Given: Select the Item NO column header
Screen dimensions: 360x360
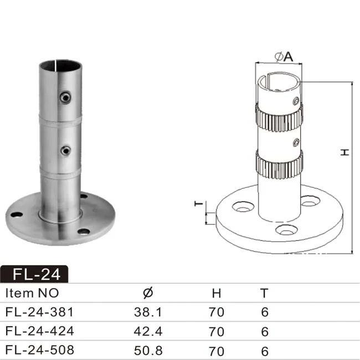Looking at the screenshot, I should click(x=32, y=293).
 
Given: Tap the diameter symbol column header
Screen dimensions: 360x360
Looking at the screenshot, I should click(x=148, y=293).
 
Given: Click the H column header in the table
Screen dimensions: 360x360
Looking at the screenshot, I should click(x=217, y=293).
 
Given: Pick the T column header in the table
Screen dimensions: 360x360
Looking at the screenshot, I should click(x=264, y=293).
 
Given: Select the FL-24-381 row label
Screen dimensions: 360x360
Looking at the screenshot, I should click(x=39, y=312).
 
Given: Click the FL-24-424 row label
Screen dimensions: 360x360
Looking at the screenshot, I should click(x=39, y=332).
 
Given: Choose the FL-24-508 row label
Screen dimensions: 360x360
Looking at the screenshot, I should click(x=39, y=351).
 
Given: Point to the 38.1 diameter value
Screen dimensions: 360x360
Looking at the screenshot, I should click(x=148, y=312).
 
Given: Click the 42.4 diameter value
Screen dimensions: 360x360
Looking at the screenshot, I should click(x=148, y=332).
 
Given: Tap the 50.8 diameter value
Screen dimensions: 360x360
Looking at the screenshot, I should click(x=148, y=351).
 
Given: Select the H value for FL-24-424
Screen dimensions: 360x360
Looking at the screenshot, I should click(x=217, y=332).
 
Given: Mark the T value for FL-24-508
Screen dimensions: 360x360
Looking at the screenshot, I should click(x=264, y=351).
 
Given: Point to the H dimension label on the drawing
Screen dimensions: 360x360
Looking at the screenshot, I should click(x=344, y=152).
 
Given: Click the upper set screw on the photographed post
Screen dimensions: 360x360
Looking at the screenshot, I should click(x=66, y=97).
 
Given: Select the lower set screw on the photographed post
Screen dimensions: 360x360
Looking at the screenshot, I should click(x=66, y=150).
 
